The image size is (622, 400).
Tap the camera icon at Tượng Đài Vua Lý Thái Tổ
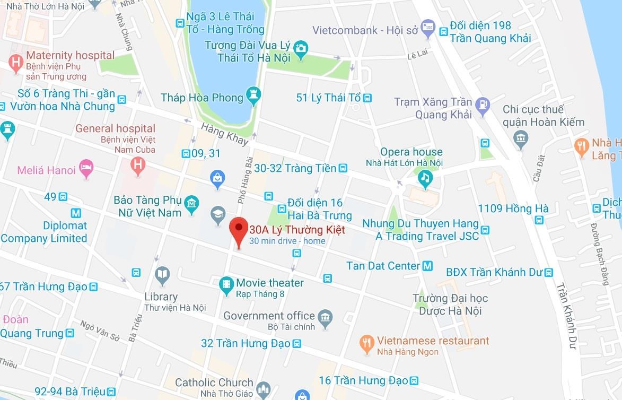[301, 48]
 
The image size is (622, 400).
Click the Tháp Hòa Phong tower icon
[252, 97]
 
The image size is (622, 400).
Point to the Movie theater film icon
[227, 285]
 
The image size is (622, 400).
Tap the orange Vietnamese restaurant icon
[367, 344]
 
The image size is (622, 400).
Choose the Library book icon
[162, 274]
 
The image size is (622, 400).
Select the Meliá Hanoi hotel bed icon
[85, 169]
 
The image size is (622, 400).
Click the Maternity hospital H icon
[16, 63]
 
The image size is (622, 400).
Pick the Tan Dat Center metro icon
[428, 266]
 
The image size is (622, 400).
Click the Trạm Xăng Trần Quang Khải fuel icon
[483, 105]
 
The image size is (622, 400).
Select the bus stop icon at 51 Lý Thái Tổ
[367, 98]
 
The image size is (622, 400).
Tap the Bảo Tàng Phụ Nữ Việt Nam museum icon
[191, 203]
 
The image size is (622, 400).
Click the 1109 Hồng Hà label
[505, 209]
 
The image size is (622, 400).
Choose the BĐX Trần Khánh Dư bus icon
[548, 273]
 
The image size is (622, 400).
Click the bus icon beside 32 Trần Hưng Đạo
[297, 344]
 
